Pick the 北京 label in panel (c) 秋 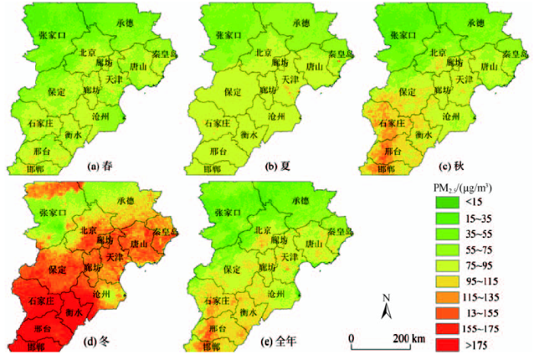438,53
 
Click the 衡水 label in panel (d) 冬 74,312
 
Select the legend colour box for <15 450,202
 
